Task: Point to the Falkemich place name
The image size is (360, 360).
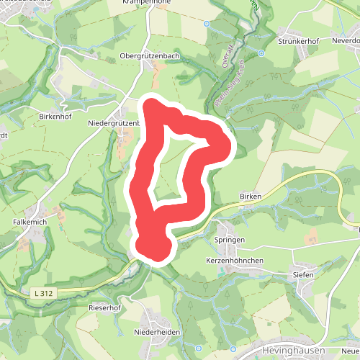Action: (x=30, y=222)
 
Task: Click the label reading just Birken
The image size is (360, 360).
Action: (x=249, y=196)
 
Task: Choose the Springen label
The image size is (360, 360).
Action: (x=230, y=239)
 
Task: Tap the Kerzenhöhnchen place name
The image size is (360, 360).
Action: (x=234, y=260)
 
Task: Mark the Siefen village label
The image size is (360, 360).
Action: (x=302, y=274)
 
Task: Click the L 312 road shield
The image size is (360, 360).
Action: (x=44, y=292)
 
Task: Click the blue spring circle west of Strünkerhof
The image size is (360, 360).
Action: (x=261, y=52)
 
